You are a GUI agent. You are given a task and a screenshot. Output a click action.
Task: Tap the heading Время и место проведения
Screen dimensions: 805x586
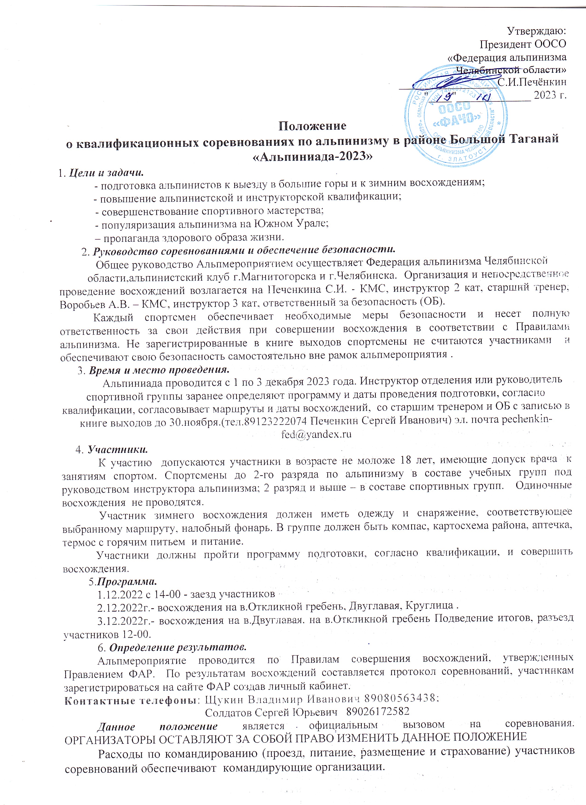(158, 370)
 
